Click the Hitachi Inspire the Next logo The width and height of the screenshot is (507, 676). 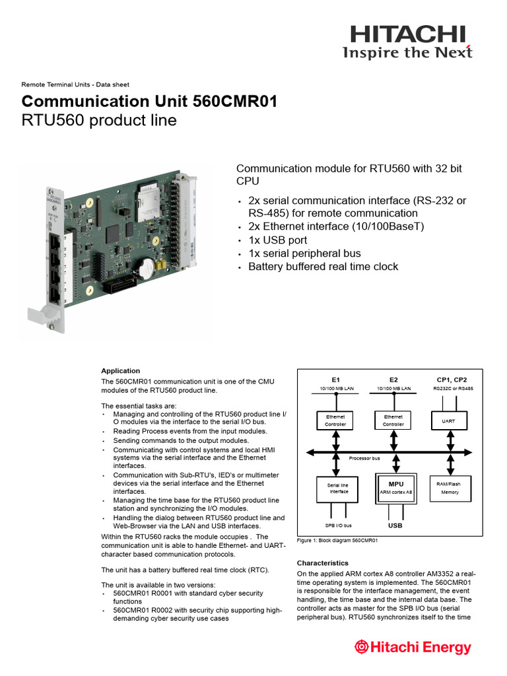click(407, 42)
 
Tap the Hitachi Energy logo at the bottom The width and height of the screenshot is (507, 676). click(413, 647)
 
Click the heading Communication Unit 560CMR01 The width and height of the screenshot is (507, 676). click(149, 102)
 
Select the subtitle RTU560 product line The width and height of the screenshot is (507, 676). click(99, 121)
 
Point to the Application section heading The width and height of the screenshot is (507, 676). click(120, 370)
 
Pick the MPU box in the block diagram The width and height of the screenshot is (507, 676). click(395, 488)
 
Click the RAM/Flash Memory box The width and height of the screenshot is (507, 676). click(450, 488)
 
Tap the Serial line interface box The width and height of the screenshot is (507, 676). click(339, 488)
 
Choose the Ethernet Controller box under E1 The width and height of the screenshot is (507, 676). click(336, 421)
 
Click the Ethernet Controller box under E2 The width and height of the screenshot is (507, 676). click(393, 421)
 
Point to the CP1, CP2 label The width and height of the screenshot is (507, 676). click(452, 380)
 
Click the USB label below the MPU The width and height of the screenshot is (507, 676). click(395, 526)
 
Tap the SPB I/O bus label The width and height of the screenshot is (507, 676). click(338, 525)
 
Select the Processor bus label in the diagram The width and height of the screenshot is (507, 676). click(364, 457)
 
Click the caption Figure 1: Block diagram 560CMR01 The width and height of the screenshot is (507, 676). click(337, 540)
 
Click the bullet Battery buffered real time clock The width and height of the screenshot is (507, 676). click(323, 267)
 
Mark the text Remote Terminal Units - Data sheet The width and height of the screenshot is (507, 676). click(75, 84)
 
